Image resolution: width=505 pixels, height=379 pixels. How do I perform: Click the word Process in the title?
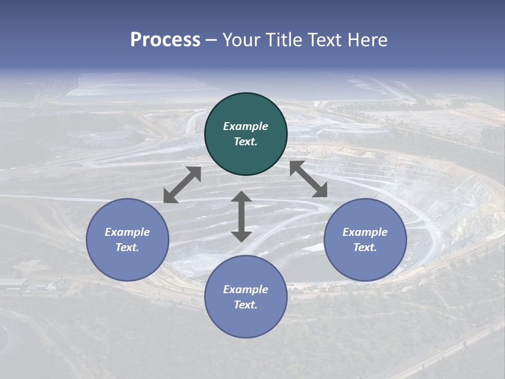coord(165,40)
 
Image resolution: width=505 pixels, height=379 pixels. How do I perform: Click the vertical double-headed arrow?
coord(241,216)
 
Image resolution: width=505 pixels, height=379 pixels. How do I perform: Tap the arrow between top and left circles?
coord(182,185)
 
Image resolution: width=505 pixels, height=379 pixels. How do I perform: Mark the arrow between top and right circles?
coord(309,179)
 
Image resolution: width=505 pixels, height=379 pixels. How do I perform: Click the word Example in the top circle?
coord(246,126)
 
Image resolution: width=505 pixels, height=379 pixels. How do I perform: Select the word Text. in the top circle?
coord(246,142)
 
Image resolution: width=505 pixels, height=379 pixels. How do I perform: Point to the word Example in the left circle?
coord(127,232)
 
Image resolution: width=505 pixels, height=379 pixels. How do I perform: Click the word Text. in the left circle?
coord(127,247)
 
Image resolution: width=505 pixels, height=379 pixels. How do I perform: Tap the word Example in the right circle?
coord(365,232)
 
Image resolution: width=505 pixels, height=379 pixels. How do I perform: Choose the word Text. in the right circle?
coord(365,247)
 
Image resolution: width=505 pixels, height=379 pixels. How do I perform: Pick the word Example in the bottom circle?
coord(246,290)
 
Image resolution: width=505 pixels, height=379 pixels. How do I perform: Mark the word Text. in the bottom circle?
coord(246,305)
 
